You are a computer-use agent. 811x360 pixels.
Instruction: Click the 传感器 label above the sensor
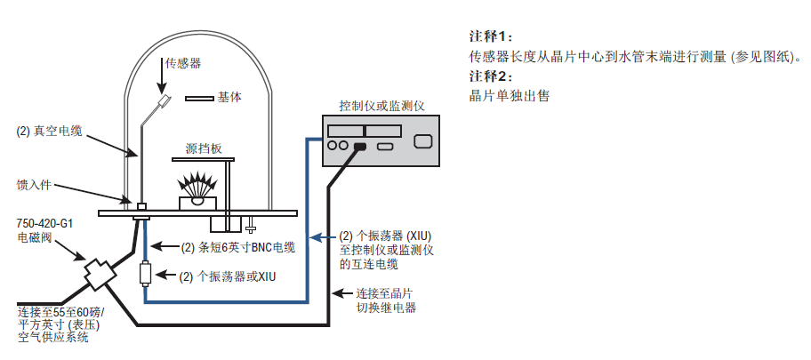tap(182, 63)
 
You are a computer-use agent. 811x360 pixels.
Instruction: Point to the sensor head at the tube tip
tap(165, 101)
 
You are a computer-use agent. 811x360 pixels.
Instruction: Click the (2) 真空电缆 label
tap(50, 132)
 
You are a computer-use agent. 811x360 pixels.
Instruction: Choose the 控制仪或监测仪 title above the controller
tap(381, 105)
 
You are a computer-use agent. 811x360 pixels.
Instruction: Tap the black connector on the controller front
tap(359, 147)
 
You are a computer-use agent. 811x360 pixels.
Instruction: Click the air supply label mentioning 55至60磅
tap(60, 324)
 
